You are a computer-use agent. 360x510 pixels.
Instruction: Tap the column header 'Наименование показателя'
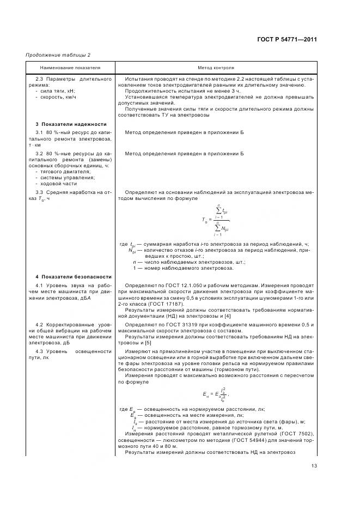pos(70,69)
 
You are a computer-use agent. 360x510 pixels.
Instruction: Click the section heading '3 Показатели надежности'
pos(71,124)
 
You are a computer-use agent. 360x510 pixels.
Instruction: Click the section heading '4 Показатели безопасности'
pos(73,277)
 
